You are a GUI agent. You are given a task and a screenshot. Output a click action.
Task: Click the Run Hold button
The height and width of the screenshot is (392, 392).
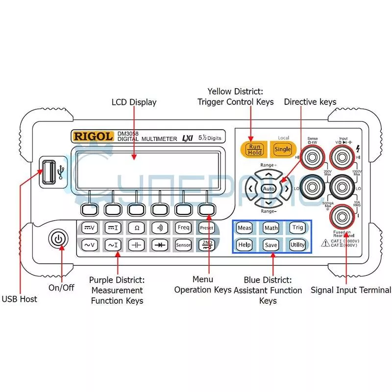pyautogui.click(x=254, y=149)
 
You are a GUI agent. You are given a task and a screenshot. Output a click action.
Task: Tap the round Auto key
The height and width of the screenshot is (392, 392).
pyautogui.click(x=269, y=189)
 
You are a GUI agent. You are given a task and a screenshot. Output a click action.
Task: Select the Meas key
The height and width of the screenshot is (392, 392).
pyautogui.click(x=244, y=228)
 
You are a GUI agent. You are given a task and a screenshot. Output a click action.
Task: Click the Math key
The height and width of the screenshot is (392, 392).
pyautogui.click(x=271, y=228)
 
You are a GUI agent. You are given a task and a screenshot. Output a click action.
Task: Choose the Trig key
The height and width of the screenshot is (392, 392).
pyautogui.click(x=297, y=227)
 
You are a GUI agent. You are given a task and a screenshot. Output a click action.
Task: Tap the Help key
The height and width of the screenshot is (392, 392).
pyautogui.click(x=244, y=245)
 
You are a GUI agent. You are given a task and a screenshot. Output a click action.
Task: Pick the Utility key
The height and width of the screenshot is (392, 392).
pyautogui.click(x=297, y=245)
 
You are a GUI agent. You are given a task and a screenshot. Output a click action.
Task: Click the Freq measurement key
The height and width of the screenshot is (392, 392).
pyautogui.click(x=183, y=227)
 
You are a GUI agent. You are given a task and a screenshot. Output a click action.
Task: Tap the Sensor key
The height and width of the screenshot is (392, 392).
pyautogui.click(x=183, y=245)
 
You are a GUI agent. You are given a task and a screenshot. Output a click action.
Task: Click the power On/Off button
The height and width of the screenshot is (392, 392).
pyautogui.click(x=58, y=239)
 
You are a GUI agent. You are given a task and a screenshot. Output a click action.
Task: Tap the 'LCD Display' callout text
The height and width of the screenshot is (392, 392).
pyautogui.click(x=134, y=102)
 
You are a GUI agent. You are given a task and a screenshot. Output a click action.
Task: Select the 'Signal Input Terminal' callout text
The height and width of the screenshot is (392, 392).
pyautogui.click(x=351, y=290)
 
